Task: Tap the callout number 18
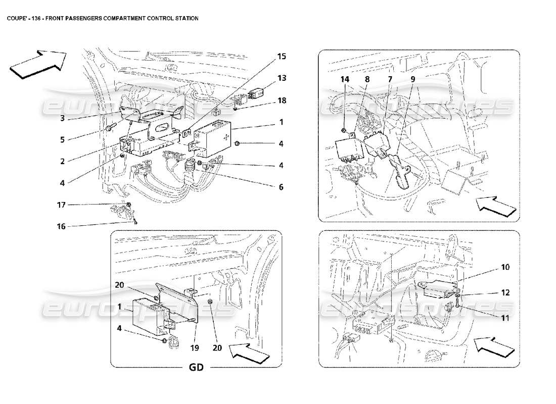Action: (281, 100)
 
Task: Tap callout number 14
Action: (345, 79)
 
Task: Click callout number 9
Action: (412, 79)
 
